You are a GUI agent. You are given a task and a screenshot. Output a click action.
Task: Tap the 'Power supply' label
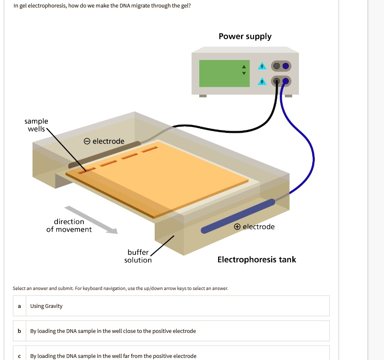(245, 37)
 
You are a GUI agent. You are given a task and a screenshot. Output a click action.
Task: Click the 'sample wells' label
(36, 125)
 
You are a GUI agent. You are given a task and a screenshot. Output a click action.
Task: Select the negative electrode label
(104, 141)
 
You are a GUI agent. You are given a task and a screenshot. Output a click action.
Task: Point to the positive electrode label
(254, 227)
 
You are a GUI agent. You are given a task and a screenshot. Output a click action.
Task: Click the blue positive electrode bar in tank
(238, 216)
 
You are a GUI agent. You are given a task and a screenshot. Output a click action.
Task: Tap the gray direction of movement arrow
(91, 220)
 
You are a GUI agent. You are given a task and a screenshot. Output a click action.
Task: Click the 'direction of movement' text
(69, 225)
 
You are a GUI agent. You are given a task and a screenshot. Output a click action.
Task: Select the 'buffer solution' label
(138, 256)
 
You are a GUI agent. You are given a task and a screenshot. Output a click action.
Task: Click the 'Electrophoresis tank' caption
(256, 260)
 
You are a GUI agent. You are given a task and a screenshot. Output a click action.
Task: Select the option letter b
(19, 331)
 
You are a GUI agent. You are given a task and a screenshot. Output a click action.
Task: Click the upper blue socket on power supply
(286, 66)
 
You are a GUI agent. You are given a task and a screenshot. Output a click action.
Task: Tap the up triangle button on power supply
(244, 67)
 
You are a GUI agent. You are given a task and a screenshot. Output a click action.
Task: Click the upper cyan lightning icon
(262, 66)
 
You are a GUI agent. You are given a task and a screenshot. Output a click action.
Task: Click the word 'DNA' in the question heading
(124, 6)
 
